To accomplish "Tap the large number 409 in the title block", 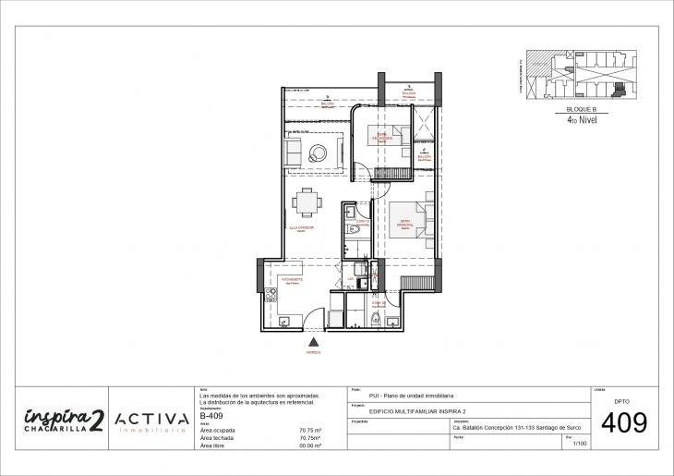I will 623,424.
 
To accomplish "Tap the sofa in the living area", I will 294,152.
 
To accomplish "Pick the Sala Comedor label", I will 302,227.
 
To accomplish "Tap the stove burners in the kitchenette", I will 271,296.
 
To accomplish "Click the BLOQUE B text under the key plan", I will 581,110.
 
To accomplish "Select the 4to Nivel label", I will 580,119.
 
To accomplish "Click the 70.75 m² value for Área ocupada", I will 310,430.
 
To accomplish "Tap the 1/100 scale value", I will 580,445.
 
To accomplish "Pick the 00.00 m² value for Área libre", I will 310,445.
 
